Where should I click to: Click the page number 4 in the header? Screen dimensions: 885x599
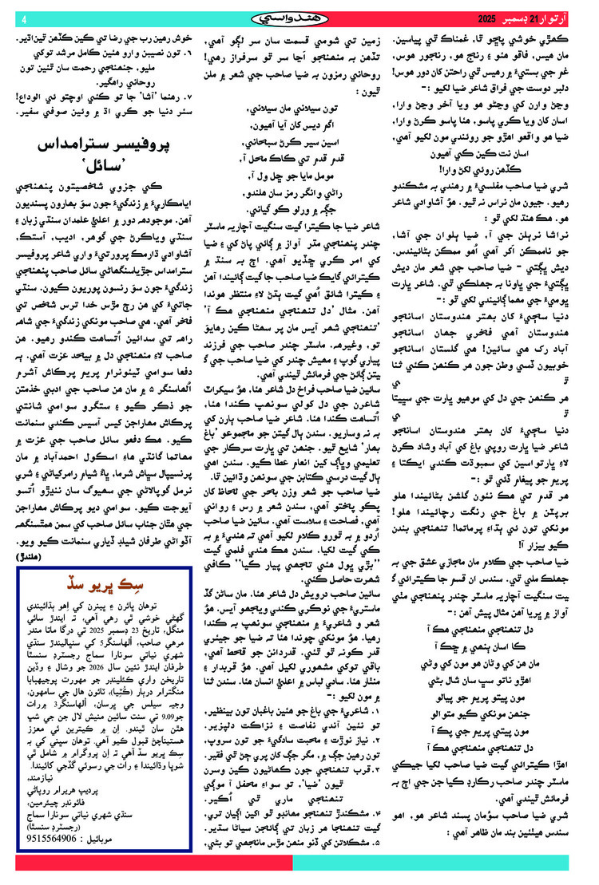24,18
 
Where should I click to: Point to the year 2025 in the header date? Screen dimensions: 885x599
490,18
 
